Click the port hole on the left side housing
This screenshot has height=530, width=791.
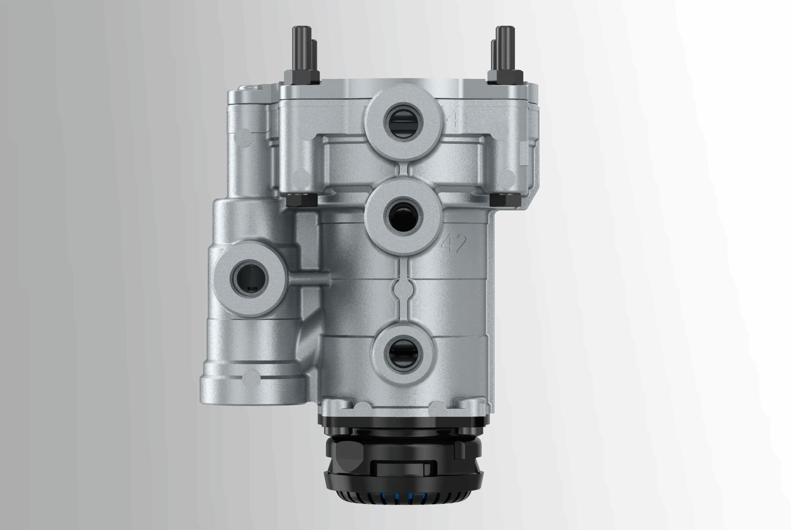250,279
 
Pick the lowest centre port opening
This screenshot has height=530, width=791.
403,354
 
